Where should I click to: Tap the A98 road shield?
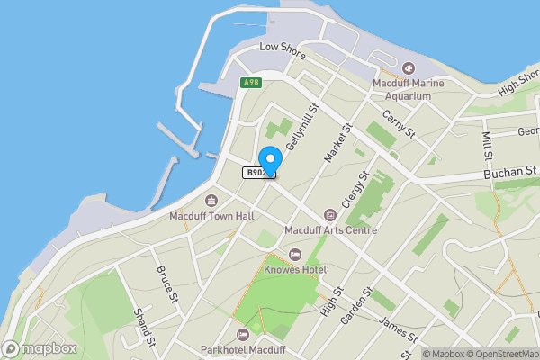click(250, 83)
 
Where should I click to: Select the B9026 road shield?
click(257, 173)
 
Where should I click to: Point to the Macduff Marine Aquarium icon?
click(409, 67)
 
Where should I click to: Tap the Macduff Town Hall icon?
click(211, 200)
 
